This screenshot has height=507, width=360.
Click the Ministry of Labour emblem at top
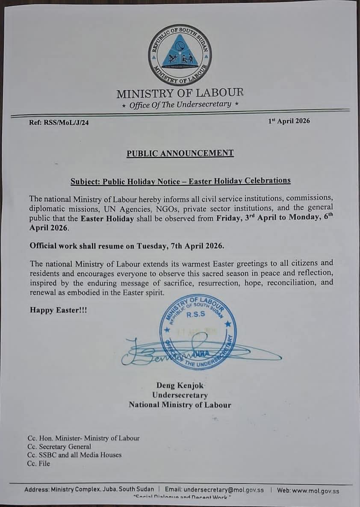point(180,54)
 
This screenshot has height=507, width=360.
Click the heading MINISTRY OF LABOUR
point(180,93)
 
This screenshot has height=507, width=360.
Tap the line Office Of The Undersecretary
point(180,104)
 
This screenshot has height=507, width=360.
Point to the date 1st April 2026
point(289,121)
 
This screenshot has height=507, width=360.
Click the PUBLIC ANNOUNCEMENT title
point(180,153)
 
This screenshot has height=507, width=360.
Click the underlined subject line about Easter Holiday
point(180,180)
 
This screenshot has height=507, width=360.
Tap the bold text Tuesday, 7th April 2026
point(186,246)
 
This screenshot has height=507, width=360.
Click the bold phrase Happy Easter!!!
point(58,310)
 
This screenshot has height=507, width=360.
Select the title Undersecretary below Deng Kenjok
point(180,395)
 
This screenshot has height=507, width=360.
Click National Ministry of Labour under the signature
point(180,405)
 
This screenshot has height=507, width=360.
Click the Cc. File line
point(38,463)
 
